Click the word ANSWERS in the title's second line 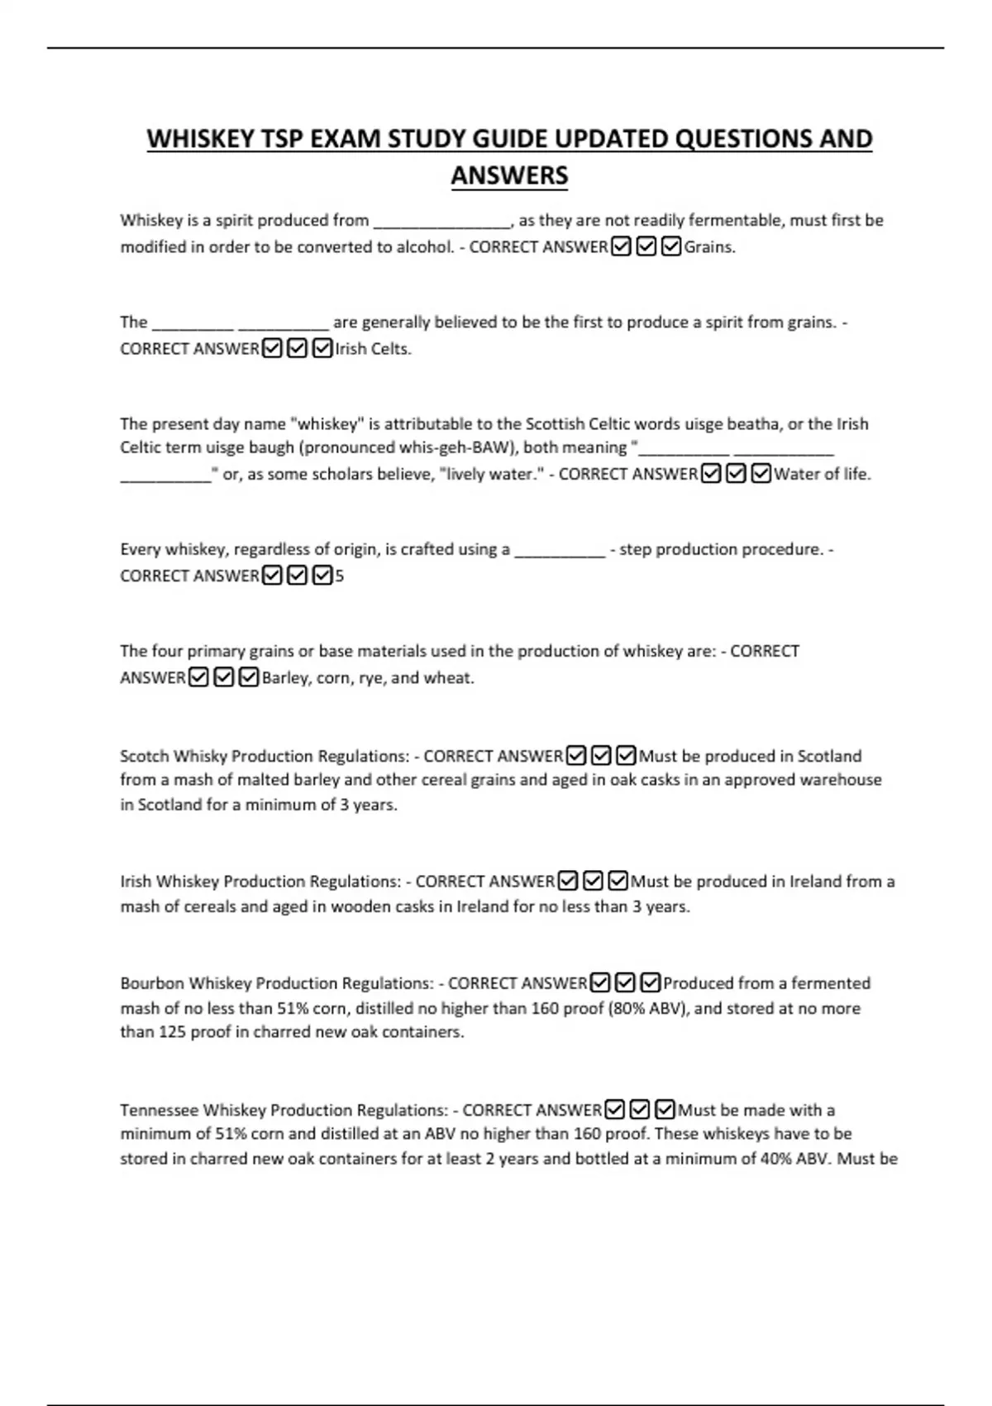pyautogui.click(x=509, y=175)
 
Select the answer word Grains pyautogui.click(x=709, y=246)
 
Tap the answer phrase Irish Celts pyautogui.click(x=372, y=348)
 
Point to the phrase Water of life pyautogui.click(x=822, y=474)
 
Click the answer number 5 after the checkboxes pyautogui.click(x=339, y=576)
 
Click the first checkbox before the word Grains pyautogui.click(x=621, y=246)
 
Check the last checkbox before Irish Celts pyautogui.click(x=322, y=348)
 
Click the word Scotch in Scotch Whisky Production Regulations pyautogui.click(x=145, y=756)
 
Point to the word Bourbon pyautogui.click(x=152, y=983)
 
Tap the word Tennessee pyautogui.click(x=159, y=1110)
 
